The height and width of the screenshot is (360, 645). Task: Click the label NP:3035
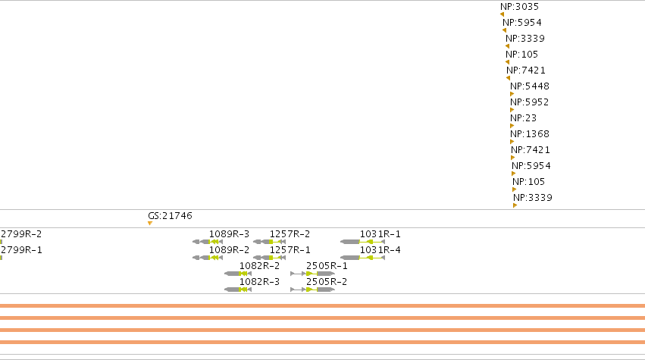click(x=519, y=7)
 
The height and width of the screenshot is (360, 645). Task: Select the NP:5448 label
click(x=529, y=86)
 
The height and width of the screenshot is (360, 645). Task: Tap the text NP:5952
click(x=529, y=102)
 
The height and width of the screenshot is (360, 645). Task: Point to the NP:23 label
click(x=523, y=118)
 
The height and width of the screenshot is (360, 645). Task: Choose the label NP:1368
click(x=529, y=134)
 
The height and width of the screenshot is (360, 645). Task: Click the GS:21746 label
click(x=170, y=216)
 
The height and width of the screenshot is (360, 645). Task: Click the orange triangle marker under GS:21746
click(x=150, y=224)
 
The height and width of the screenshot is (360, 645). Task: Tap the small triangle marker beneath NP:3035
click(x=502, y=14)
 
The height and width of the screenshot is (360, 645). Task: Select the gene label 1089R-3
click(x=229, y=234)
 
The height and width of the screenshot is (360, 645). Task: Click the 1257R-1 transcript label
click(x=290, y=250)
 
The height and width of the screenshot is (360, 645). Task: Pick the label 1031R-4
click(x=380, y=250)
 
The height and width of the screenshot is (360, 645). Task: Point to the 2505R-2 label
click(x=327, y=282)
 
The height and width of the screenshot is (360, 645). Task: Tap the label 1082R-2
click(x=259, y=266)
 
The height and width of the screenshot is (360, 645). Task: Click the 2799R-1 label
click(x=21, y=250)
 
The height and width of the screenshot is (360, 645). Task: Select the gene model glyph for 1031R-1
click(x=362, y=242)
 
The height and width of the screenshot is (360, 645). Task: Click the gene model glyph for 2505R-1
click(x=312, y=274)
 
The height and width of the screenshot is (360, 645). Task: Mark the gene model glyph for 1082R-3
click(x=238, y=290)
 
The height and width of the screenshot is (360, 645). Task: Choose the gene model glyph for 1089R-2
click(x=208, y=258)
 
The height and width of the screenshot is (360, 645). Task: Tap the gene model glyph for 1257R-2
click(x=269, y=242)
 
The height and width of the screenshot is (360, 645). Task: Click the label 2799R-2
click(x=21, y=234)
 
